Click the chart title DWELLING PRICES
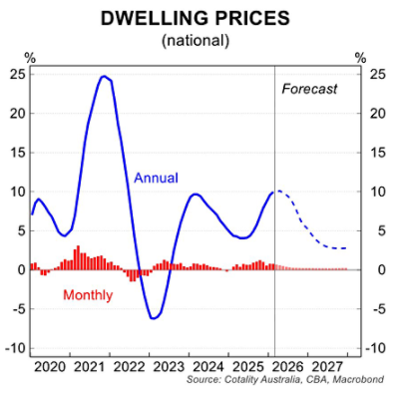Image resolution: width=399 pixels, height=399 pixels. [x=199, y=18]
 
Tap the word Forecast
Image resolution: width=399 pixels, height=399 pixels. [x=309, y=89]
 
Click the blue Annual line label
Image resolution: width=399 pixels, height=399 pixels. [x=156, y=179]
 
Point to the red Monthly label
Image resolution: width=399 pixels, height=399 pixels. [x=88, y=295]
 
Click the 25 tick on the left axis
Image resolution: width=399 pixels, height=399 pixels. [x=17, y=73]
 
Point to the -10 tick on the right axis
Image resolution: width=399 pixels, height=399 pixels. [x=379, y=348]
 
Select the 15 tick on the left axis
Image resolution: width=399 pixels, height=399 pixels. [x=17, y=152]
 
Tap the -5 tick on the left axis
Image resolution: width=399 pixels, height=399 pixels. [x=17, y=309]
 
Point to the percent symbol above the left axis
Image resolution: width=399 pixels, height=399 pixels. [x=29, y=57]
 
